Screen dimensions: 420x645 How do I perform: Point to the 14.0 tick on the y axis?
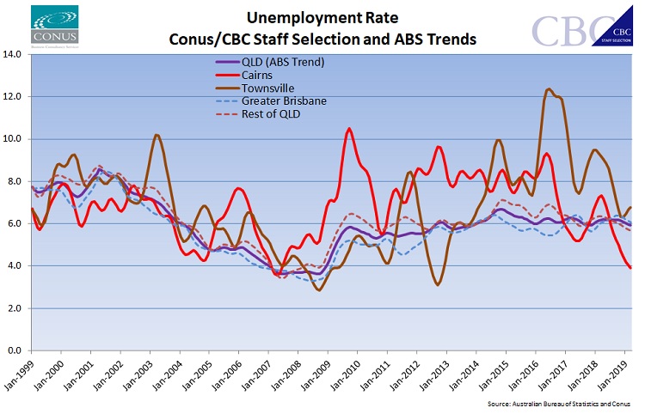13,55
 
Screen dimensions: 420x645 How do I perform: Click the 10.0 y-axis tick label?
13,139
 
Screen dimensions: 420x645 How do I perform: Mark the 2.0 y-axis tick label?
15,308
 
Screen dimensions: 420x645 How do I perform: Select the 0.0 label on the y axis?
15,350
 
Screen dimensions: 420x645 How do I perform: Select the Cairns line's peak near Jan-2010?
349,129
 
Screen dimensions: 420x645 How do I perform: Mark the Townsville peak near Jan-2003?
156,135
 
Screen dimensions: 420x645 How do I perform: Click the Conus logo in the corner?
53,25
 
